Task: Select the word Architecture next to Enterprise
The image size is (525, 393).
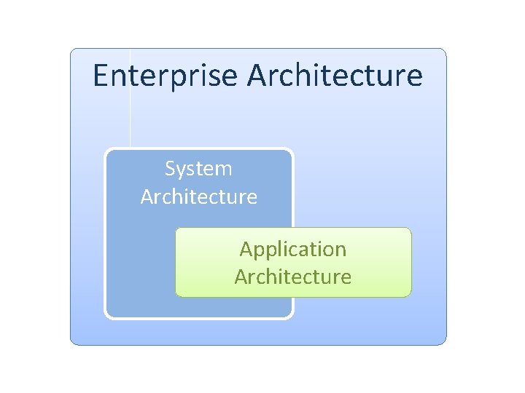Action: pyautogui.click(x=335, y=76)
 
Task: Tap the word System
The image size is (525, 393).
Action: pyautogui.click(x=198, y=169)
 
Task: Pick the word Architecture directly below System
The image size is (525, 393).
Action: pyautogui.click(x=198, y=196)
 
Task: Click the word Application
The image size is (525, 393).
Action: pyautogui.click(x=293, y=250)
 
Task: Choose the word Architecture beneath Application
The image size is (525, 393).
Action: pyautogui.click(x=293, y=277)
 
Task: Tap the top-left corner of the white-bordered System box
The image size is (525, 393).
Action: pyautogui.click(x=107, y=151)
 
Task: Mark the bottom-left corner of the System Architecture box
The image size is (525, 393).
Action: pyautogui.click(x=107, y=317)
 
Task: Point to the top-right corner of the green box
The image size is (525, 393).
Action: pyautogui.click(x=410, y=229)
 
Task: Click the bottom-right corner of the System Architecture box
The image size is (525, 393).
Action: pyautogui.click(x=292, y=317)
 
